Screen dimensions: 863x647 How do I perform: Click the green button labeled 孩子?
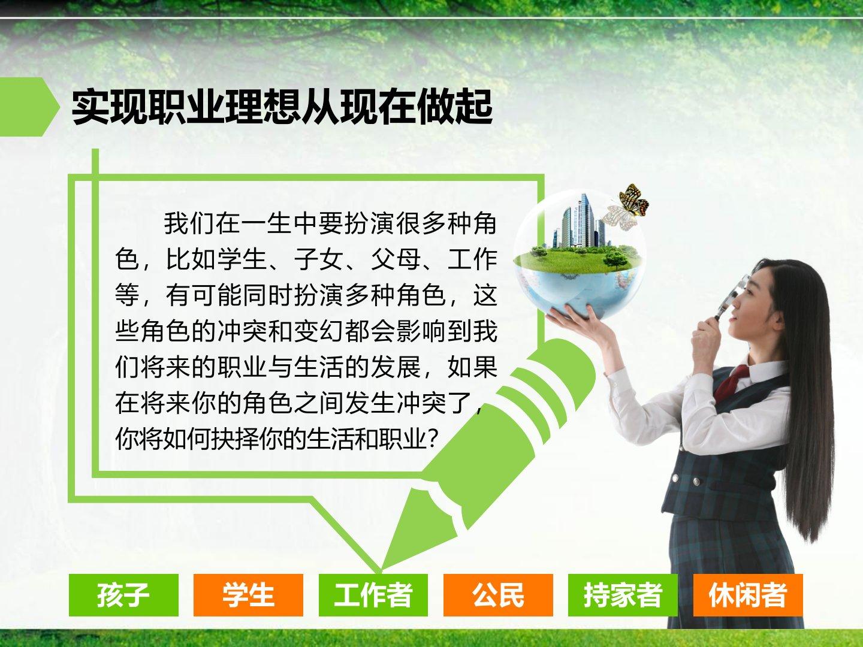(x=123, y=595)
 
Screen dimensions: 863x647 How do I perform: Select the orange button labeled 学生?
(x=248, y=595)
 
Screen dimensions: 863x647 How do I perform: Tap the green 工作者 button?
(x=373, y=595)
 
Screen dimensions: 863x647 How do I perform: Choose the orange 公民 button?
(x=498, y=595)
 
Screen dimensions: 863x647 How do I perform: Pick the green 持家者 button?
(x=623, y=595)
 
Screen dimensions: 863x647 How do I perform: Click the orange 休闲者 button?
(x=748, y=595)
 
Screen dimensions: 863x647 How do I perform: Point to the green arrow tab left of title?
(x=28, y=107)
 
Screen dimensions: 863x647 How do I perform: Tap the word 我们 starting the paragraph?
(x=189, y=223)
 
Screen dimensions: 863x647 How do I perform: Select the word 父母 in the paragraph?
(x=396, y=259)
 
